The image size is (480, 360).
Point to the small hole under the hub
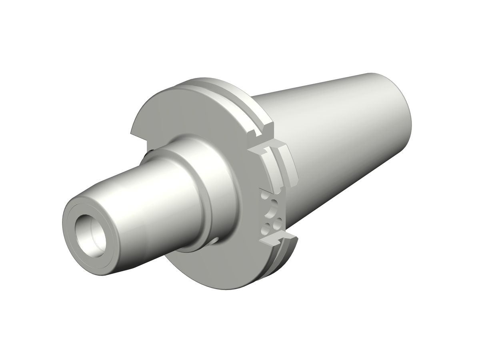click(x=216, y=240)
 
